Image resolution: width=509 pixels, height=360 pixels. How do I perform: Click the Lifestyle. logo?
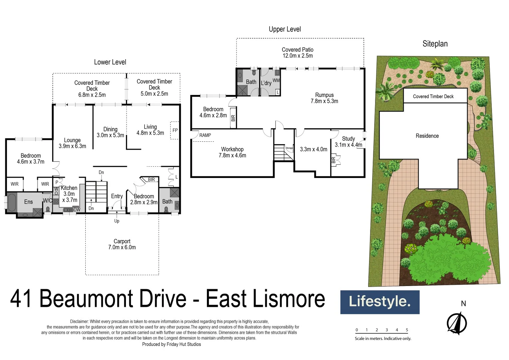(379, 302)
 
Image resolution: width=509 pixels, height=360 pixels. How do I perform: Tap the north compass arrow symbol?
(457, 323)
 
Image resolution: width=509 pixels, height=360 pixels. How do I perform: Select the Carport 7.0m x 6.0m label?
(122, 244)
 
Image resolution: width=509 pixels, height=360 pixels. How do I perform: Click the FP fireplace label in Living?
(175, 130)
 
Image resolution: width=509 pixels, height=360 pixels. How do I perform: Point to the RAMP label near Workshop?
(205, 135)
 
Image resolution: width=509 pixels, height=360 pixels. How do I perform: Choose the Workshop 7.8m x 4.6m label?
(232, 152)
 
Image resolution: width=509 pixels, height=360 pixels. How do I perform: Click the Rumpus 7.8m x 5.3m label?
(324, 98)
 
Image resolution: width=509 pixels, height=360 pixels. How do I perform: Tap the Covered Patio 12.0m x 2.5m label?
(297, 53)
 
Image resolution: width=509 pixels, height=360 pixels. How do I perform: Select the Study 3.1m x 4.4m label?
(348, 142)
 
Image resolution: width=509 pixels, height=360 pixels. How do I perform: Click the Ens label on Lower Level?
(28, 202)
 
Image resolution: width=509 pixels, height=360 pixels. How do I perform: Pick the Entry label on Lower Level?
(117, 196)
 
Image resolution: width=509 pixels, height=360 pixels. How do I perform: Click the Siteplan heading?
(435, 44)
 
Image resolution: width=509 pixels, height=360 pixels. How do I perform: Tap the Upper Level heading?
(284, 29)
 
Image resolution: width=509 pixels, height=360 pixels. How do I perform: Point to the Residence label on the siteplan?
(427, 136)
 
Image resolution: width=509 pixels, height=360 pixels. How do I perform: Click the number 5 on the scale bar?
(407, 330)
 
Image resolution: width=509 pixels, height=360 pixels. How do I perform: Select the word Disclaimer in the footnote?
(79, 322)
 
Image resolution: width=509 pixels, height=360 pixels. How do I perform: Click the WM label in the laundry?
(276, 80)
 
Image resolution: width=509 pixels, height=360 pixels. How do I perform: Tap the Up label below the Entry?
(117, 221)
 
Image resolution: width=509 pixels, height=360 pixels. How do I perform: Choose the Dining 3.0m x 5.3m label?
(110, 132)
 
